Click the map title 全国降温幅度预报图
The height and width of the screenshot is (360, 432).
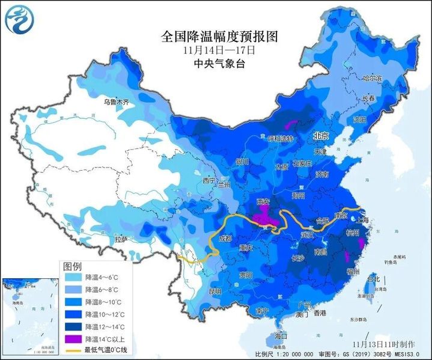tap(220, 36)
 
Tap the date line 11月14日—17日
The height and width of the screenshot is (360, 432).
tap(220, 50)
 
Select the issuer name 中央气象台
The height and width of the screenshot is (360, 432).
tap(220, 63)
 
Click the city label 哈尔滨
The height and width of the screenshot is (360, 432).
tap(372, 78)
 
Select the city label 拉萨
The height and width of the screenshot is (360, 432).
tap(121, 239)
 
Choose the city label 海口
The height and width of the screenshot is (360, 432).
tap(281, 335)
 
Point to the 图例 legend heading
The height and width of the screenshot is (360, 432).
tap(73, 266)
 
